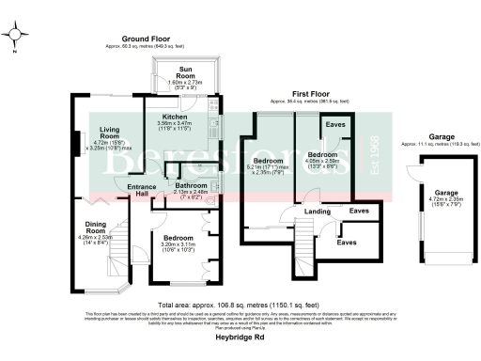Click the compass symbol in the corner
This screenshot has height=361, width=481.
point(16,37)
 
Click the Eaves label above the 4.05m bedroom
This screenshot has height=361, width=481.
point(334,124)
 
